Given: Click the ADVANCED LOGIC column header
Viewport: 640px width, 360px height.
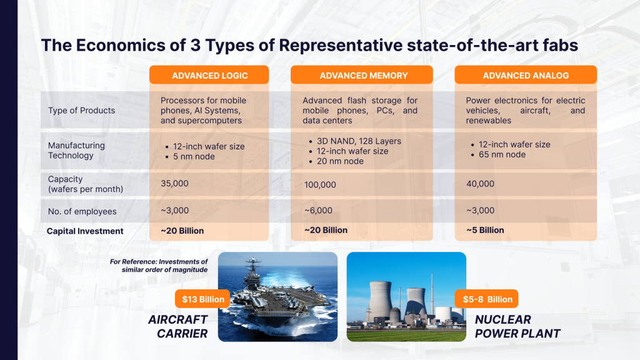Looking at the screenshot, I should click(x=209, y=76).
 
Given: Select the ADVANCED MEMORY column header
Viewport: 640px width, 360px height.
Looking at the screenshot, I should click(x=363, y=76).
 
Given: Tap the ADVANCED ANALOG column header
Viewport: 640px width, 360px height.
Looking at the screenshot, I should click(x=526, y=76).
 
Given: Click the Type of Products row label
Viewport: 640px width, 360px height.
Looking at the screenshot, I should click(x=81, y=111).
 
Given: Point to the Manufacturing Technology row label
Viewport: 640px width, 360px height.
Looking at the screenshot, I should click(x=76, y=150).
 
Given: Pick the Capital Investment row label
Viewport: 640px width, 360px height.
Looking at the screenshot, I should click(x=85, y=231).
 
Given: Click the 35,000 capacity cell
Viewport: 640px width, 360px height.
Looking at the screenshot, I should click(x=174, y=184).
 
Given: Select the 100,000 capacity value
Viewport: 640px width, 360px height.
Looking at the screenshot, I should click(x=320, y=185).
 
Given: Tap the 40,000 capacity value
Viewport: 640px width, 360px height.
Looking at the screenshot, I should click(x=480, y=184).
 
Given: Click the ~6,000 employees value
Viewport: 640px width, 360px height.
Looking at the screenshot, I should click(x=318, y=211).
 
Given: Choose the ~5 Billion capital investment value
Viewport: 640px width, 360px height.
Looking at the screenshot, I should click(x=485, y=230).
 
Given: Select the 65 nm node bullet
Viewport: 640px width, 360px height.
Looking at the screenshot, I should click(x=502, y=154).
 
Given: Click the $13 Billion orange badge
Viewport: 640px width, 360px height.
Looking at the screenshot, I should click(x=202, y=299).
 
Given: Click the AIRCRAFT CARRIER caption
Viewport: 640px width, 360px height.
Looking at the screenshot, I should click(x=177, y=326).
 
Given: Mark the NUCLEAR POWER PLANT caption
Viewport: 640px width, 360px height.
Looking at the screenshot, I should click(x=516, y=326).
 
